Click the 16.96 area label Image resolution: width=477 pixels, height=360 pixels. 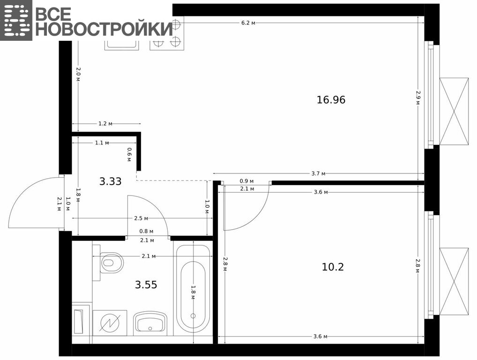[331, 100]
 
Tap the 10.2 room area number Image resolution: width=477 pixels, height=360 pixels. [333, 267]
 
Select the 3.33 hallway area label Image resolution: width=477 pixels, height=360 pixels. [111, 181]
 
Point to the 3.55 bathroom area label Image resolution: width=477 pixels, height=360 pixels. [146, 285]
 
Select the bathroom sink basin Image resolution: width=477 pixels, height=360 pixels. [150, 322]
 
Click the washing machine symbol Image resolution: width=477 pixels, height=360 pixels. [110, 322]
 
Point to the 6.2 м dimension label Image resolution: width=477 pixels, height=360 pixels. [248, 23]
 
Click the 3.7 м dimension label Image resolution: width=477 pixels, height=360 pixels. [318, 173]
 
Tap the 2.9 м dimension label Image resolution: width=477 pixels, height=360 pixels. [418, 97]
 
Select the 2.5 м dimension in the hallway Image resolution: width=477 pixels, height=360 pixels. [141, 218]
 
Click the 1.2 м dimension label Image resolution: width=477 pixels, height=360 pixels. [105, 124]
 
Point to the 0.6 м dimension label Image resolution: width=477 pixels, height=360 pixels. [129, 155]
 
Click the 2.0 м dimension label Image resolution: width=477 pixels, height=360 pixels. [78, 75]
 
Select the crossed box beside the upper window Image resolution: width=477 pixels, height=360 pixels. [454, 111]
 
